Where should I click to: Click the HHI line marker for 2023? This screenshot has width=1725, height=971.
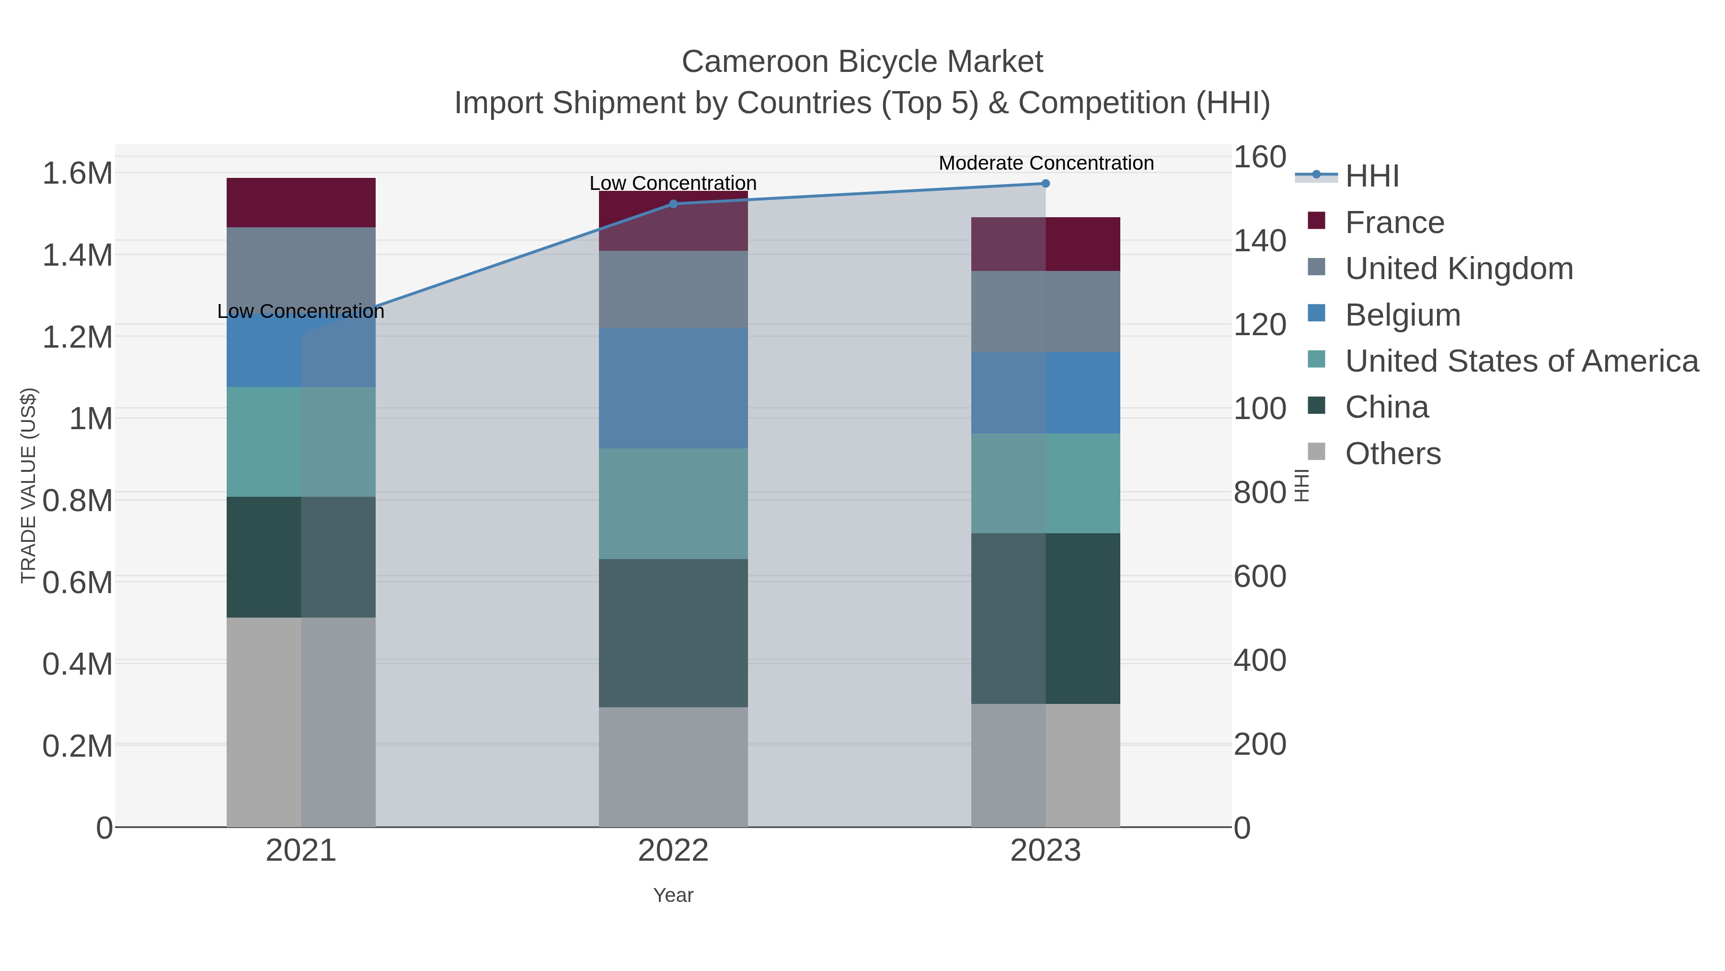[1046, 184]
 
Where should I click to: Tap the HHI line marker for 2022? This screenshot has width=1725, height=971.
[673, 204]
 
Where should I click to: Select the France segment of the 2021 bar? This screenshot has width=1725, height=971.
[300, 202]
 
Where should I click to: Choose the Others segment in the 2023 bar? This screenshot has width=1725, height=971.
[1046, 765]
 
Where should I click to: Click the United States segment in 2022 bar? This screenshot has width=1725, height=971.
[673, 503]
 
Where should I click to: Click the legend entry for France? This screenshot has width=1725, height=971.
[1394, 222]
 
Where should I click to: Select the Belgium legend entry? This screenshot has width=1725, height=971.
[1402, 315]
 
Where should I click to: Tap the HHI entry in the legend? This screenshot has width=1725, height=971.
[1371, 176]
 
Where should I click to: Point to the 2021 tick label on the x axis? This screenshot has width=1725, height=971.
[300, 851]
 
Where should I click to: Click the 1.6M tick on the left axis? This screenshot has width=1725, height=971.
[78, 174]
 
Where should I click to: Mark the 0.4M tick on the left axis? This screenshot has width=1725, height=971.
[78, 664]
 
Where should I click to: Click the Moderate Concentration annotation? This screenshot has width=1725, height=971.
[1046, 163]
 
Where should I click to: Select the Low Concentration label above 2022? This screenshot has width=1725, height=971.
[673, 183]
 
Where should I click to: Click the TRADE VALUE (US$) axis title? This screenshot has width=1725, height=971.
[29, 485]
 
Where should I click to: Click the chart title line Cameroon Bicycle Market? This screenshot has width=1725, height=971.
[862, 62]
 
